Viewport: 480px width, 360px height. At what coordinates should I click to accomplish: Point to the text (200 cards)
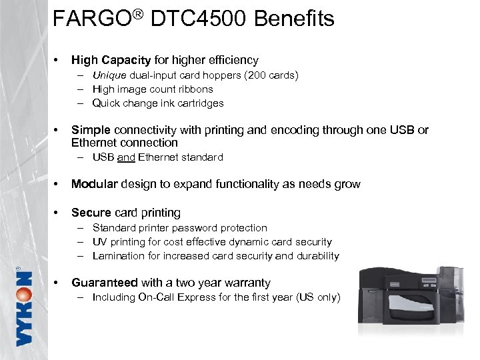tap(271, 75)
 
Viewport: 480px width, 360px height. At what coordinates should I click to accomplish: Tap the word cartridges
tap(199, 103)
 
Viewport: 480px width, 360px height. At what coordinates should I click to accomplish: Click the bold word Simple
tap(91, 130)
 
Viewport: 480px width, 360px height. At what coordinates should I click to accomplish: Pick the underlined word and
tap(126, 157)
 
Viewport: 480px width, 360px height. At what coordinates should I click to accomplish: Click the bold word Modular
tap(94, 184)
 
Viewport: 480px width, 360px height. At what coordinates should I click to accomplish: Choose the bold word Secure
tap(91, 213)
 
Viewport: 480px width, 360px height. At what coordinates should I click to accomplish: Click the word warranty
tap(244, 283)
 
